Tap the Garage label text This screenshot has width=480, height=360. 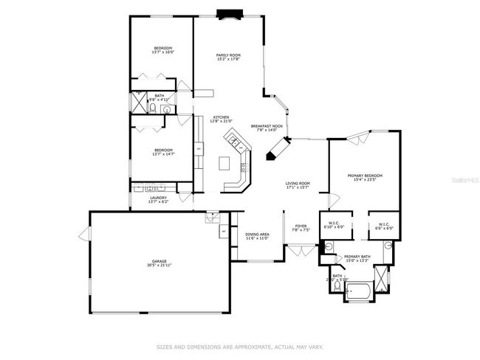point(160,261)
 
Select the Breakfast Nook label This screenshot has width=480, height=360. point(267,126)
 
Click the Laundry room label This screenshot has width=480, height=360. point(159,197)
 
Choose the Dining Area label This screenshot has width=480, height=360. point(257,234)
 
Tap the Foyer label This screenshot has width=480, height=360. point(301,226)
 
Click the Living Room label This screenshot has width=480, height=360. point(298,183)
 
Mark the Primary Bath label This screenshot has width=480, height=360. point(357,256)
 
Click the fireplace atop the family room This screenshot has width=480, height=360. point(227,13)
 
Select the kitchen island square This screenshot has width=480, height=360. point(224,163)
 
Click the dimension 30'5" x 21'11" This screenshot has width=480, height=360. point(160,266)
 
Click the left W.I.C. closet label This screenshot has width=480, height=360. point(335,224)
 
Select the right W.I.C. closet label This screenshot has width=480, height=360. point(384,224)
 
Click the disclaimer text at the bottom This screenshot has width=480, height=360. point(239,345)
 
